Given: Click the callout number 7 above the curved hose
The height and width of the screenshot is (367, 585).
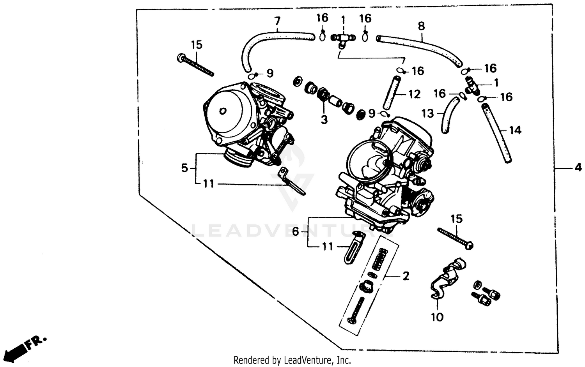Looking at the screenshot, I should [x=277, y=21].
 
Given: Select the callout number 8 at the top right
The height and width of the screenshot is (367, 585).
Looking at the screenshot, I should [x=421, y=26].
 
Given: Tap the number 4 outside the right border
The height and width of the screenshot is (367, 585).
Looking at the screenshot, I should [x=578, y=168].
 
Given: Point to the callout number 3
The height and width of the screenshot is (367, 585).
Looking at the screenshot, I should [x=324, y=120].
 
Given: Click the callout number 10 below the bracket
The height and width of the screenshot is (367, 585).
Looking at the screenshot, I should [x=437, y=317].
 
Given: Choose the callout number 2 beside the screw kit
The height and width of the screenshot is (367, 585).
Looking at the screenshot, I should [x=406, y=276].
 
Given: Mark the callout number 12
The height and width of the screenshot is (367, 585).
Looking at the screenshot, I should [x=414, y=94].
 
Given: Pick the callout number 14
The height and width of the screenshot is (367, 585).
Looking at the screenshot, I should [x=515, y=130].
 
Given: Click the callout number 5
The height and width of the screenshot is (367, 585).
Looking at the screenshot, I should [x=184, y=168].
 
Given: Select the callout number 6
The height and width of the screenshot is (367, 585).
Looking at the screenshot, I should [x=295, y=232].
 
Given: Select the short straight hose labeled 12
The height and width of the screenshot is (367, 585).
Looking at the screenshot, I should [x=391, y=93].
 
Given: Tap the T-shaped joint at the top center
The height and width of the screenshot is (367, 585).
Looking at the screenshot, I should [x=342, y=39].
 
